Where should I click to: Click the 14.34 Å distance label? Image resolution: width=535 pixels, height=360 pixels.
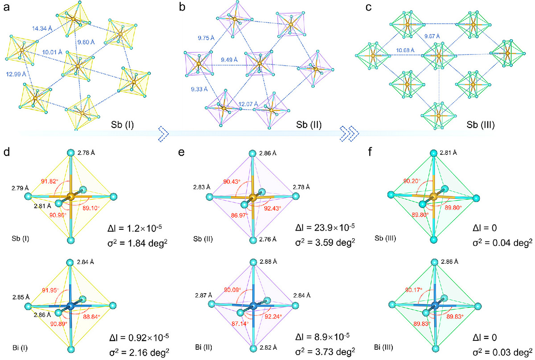click(42, 29)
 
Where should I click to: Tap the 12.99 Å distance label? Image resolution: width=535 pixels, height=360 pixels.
click(16, 74)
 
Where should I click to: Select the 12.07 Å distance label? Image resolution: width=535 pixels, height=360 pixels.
click(248, 104)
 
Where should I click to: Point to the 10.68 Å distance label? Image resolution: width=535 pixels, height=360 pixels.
click(405, 50)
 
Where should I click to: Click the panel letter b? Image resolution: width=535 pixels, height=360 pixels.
click(182, 7)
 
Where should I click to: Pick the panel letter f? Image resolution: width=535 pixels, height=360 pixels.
click(370, 152)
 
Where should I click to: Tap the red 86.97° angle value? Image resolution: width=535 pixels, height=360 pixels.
click(239, 215)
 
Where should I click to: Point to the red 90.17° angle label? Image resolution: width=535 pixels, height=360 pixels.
click(414, 290)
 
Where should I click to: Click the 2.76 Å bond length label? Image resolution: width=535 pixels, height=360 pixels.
click(268, 239)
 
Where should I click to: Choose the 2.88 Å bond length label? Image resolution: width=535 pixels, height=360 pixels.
click(268, 262)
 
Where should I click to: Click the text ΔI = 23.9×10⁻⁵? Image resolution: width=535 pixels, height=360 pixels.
click(325, 228)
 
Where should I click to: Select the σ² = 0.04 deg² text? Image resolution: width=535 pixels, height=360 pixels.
click(502, 243)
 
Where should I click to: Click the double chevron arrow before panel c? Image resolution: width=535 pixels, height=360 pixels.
click(350, 134)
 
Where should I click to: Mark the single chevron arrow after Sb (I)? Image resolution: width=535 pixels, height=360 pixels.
click(164, 134)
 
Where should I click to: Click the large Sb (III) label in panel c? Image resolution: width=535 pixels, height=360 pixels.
click(481, 125)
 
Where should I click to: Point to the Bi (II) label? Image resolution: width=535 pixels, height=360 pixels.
click(203, 347)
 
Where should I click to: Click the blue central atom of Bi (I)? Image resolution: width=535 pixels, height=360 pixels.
click(70, 306)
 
